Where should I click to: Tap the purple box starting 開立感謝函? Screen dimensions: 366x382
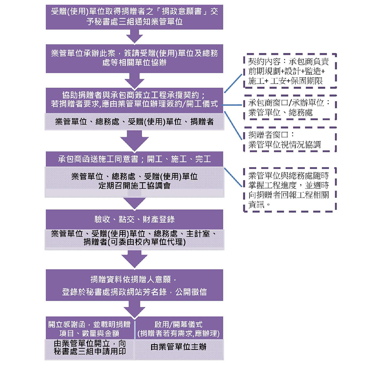click(x=90, y=328)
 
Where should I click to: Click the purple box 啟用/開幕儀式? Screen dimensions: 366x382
click(x=179, y=328)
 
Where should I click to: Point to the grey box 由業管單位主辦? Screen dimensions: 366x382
click(x=179, y=347)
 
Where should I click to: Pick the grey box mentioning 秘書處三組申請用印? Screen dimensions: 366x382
click(x=90, y=348)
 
